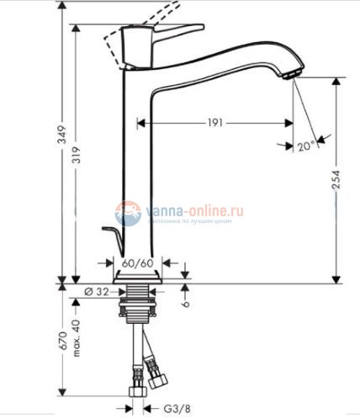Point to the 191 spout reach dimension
(x=214, y=123)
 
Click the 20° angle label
(x=305, y=146)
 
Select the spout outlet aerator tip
(x=291, y=74)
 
